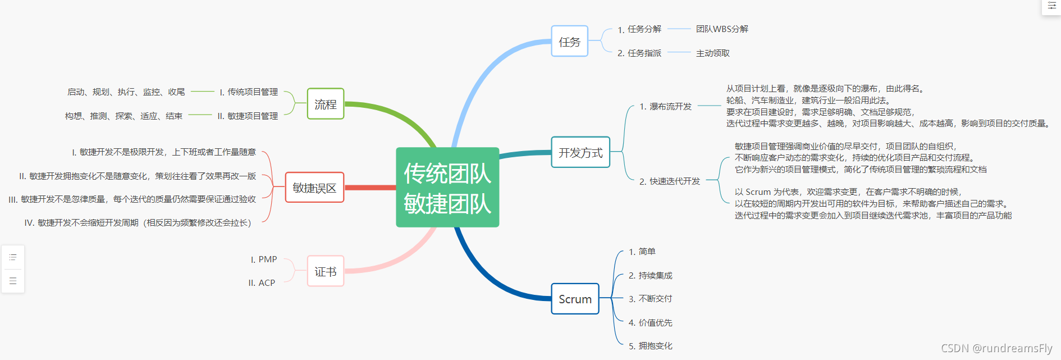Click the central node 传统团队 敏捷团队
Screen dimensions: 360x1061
click(x=447, y=188)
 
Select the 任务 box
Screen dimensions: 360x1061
click(x=569, y=42)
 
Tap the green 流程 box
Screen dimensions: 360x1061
click(x=326, y=104)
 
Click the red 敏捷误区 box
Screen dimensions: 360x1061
click(x=314, y=188)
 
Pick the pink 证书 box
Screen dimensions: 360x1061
click(x=326, y=271)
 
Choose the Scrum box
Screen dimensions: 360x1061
click(x=575, y=299)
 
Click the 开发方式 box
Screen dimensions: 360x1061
click(x=580, y=152)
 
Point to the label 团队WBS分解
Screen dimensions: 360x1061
click(x=722, y=29)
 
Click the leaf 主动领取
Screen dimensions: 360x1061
click(x=713, y=53)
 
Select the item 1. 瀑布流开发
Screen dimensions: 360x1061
click(x=665, y=106)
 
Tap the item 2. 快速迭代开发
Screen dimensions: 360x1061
click(x=670, y=181)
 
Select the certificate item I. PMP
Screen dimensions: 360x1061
click(x=264, y=259)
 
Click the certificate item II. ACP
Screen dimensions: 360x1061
click(x=262, y=282)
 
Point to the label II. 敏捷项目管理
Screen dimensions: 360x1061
click(x=248, y=116)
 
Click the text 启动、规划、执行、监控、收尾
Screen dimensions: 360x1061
click(x=126, y=92)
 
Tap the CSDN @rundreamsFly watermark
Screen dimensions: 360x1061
click(x=996, y=348)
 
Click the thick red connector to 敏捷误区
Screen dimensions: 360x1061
click(x=370, y=188)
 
